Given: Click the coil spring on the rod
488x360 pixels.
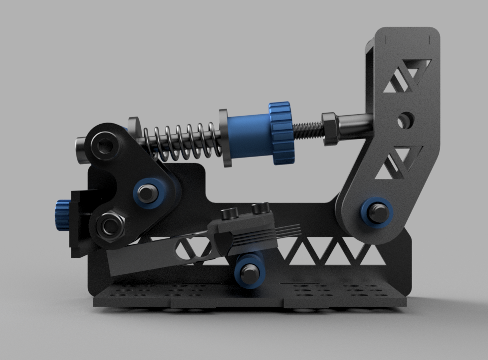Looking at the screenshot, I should click(180, 140).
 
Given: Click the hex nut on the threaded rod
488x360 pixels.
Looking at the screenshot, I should click(331, 129).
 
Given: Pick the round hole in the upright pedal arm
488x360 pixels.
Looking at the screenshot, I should click(405, 120).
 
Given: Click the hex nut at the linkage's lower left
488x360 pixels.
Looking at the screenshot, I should click(109, 227).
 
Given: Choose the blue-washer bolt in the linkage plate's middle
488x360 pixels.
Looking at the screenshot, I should click(148, 192).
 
